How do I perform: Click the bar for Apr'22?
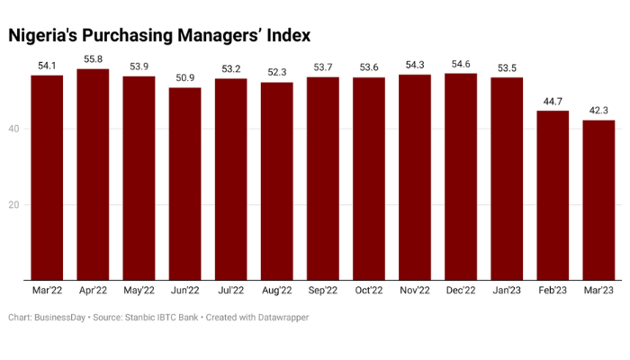(x=93, y=175)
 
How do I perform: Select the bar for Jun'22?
(x=184, y=184)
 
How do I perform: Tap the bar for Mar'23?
(x=598, y=200)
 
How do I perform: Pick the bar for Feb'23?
(x=553, y=195)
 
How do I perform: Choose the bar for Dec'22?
(x=461, y=176)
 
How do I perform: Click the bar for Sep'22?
(x=323, y=178)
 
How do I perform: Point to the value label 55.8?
(x=93, y=59)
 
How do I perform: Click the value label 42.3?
(x=598, y=111)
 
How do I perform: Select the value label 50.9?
(x=184, y=78)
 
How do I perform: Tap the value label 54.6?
(x=461, y=64)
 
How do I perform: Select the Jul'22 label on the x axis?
(x=230, y=291)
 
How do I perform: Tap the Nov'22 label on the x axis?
(x=415, y=291)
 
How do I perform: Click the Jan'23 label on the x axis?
(x=507, y=291)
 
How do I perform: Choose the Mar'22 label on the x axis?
(x=47, y=291)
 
